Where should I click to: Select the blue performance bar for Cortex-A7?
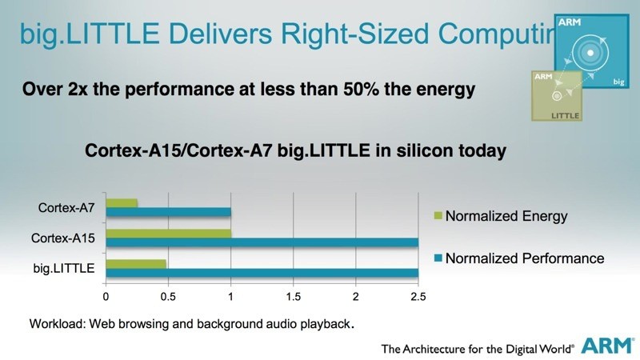click(168, 212)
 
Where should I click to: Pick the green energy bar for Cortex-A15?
click(168, 234)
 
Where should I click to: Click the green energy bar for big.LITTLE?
click(135, 264)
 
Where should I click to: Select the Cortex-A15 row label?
click(63, 238)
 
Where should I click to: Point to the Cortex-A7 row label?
click(67, 208)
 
